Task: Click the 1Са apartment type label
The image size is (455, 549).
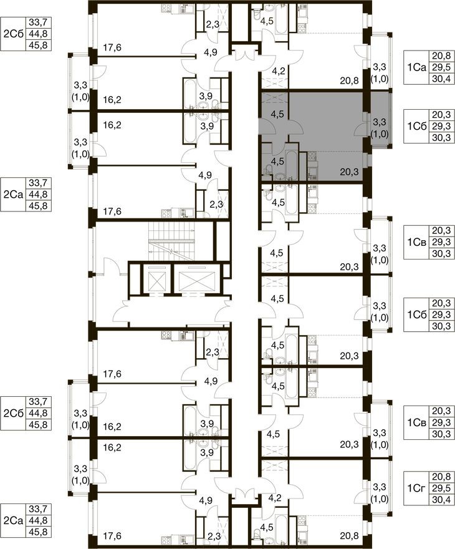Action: tap(416, 67)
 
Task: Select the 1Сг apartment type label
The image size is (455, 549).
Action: tap(416, 488)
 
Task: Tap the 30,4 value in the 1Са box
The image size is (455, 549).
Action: tap(441, 79)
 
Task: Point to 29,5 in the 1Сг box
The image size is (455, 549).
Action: tap(441, 488)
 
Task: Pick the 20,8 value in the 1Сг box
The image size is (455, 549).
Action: tap(441, 477)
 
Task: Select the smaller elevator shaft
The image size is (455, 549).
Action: tap(154, 280)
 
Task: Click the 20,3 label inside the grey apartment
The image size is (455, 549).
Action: tap(349, 172)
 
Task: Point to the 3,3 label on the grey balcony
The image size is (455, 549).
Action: tap(380, 122)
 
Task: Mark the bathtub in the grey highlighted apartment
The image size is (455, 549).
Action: tap(292, 165)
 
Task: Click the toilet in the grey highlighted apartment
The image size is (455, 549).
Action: tap(268, 170)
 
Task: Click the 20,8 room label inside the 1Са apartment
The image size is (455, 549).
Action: tap(349, 81)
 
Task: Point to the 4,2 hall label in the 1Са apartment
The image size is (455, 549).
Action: tap(279, 71)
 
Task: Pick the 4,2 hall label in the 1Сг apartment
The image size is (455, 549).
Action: tap(275, 498)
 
